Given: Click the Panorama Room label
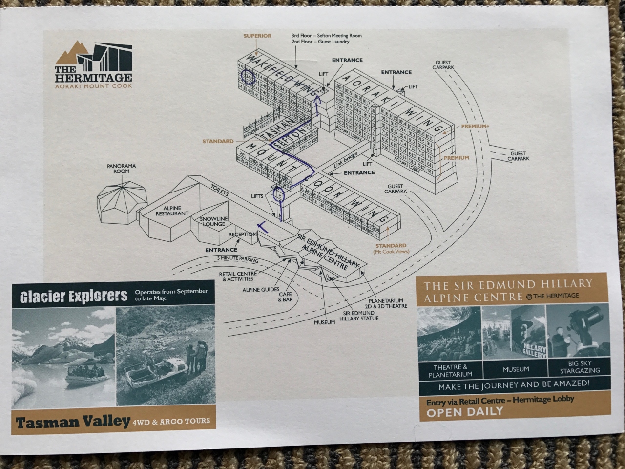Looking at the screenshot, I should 122,169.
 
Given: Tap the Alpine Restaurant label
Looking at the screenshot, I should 172,211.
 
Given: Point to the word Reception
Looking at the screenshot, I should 243,234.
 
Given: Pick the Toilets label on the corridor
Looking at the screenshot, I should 219,191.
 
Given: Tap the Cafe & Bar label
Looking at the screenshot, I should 285,297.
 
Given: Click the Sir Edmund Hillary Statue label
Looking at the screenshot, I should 359,316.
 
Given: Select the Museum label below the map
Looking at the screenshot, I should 325,322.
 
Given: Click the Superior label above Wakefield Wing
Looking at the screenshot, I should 257,36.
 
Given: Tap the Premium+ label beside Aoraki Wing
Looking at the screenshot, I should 475,127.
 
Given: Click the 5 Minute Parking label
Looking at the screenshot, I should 238,259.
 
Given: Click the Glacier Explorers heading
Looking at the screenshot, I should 74,296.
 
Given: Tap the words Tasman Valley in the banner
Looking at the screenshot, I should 73,422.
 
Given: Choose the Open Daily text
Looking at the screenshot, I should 464,412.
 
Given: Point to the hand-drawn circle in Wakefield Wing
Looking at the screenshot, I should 249,77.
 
